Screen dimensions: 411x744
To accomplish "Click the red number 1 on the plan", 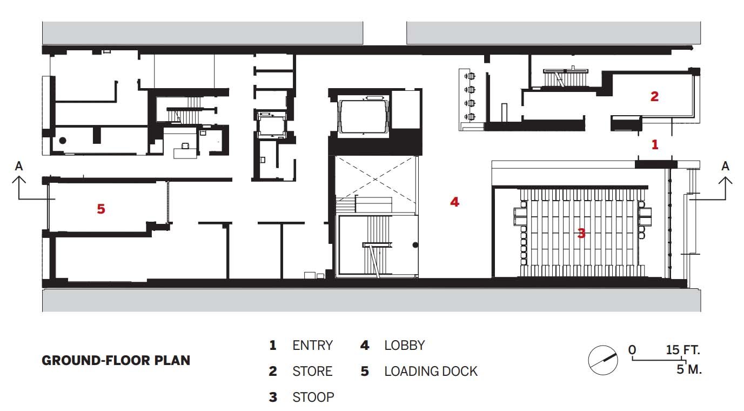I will [x=655, y=144].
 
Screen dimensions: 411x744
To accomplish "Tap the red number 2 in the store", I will [x=654, y=97].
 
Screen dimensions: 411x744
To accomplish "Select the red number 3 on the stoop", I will [x=581, y=234].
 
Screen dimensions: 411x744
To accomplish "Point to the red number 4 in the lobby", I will [x=454, y=202].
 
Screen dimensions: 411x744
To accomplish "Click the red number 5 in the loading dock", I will [x=101, y=208].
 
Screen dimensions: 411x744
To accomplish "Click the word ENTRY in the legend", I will [x=312, y=345].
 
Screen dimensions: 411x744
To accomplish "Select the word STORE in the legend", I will [x=312, y=372].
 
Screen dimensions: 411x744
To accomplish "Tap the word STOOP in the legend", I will [x=313, y=397].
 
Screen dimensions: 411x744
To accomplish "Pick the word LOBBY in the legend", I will [x=405, y=345].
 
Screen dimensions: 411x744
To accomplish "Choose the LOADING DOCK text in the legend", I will [x=431, y=372].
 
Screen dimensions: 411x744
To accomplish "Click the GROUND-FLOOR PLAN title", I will [x=116, y=360].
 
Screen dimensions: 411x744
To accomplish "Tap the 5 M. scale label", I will [x=689, y=370].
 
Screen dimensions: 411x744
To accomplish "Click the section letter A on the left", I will [x=19, y=166].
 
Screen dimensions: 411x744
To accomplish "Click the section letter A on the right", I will [x=725, y=166].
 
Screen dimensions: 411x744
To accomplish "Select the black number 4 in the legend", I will [x=364, y=345].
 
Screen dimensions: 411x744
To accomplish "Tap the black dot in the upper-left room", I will [x=63, y=140].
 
